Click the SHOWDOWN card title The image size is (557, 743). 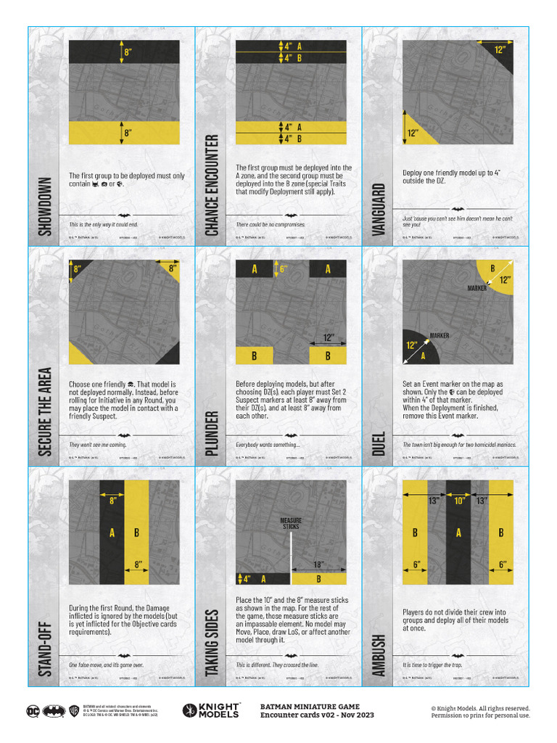click(45, 206)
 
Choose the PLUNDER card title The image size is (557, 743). click(212, 433)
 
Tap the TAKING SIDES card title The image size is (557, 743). click(212, 639)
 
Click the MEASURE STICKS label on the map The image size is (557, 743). click(290, 524)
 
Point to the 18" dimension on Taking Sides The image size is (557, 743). click(318, 564)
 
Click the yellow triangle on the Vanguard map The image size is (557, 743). click(415, 131)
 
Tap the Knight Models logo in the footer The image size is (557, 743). click(210, 711)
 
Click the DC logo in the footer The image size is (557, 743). click(33, 711)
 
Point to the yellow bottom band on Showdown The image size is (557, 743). click(125, 133)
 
